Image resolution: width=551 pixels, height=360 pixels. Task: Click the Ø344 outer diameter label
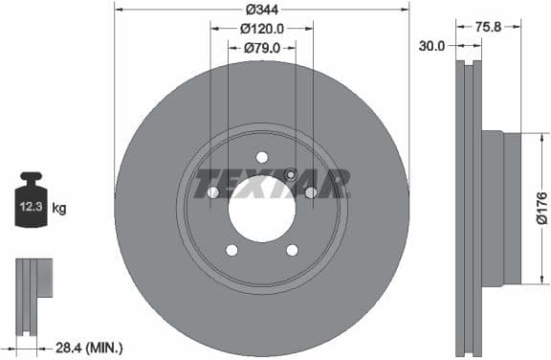click(x=261, y=10)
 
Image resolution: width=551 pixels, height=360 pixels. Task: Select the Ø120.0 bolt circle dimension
click(x=262, y=29)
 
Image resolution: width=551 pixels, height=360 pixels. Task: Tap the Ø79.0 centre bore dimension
click(x=261, y=47)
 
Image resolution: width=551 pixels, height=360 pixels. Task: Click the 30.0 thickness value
click(x=431, y=45)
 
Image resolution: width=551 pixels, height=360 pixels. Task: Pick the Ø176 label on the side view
click(x=541, y=208)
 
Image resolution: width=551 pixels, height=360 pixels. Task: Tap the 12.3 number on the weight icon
click(x=30, y=206)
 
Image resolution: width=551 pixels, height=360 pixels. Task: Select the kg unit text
click(x=58, y=207)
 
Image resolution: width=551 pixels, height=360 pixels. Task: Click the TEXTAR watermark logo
click(x=272, y=183)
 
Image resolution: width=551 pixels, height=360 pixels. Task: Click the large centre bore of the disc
click(x=261, y=208)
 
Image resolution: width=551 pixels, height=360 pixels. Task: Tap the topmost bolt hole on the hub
click(x=261, y=158)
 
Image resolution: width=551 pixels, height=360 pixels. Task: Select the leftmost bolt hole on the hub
click(x=213, y=192)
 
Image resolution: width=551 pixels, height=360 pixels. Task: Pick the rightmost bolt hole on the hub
click(x=310, y=192)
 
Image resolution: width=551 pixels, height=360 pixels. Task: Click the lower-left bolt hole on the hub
click(x=231, y=250)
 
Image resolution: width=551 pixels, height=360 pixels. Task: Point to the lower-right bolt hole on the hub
click(x=291, y=250)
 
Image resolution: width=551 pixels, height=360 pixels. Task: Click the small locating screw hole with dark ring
click(x=291, y=174)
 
